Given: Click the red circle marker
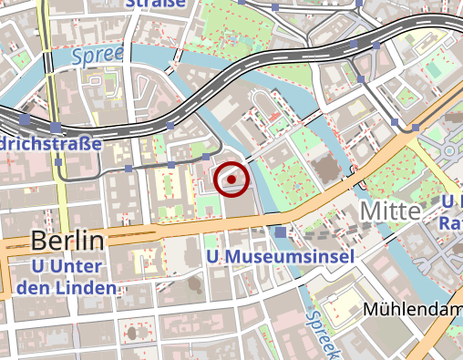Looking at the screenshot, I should click(231, 180).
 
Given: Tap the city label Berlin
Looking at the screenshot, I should click(67, 241).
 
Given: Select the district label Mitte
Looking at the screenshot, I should click(391, 211).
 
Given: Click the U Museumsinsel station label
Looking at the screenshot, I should click(279, 257).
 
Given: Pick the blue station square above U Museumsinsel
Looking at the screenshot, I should click(280, 233).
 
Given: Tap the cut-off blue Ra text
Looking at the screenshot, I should click(450, 221).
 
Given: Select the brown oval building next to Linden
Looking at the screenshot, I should click(194, 286).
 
